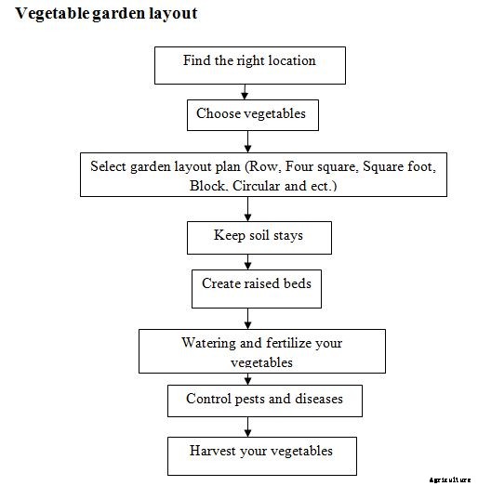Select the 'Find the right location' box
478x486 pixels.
click(248, 62)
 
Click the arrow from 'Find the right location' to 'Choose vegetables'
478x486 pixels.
click(244, 90)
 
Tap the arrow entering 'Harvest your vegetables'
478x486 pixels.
click(246, 427)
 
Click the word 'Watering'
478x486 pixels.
click(209, 343)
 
